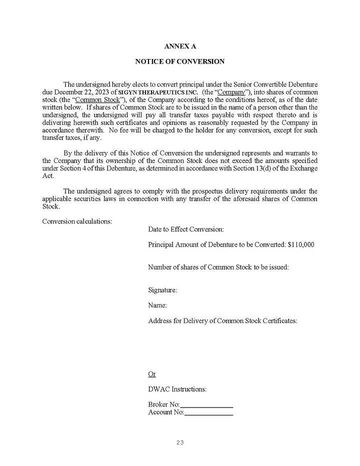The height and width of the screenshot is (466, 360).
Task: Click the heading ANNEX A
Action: pos(180,46)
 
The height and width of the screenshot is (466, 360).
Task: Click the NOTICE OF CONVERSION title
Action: pos(180,61)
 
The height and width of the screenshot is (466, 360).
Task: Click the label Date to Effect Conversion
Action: pos(185,229)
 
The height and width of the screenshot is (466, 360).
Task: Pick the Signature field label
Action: pos(162,290)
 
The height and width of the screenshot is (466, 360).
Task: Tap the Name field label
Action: pos(157,305)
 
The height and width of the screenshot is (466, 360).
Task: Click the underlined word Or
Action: pos(152,374)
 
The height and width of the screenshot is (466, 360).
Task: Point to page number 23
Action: pos(180,442)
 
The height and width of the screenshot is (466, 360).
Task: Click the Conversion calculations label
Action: pos(77,221)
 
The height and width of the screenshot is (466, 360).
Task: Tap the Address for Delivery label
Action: pos(222,320)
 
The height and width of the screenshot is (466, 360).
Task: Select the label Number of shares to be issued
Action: pos(218,267)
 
